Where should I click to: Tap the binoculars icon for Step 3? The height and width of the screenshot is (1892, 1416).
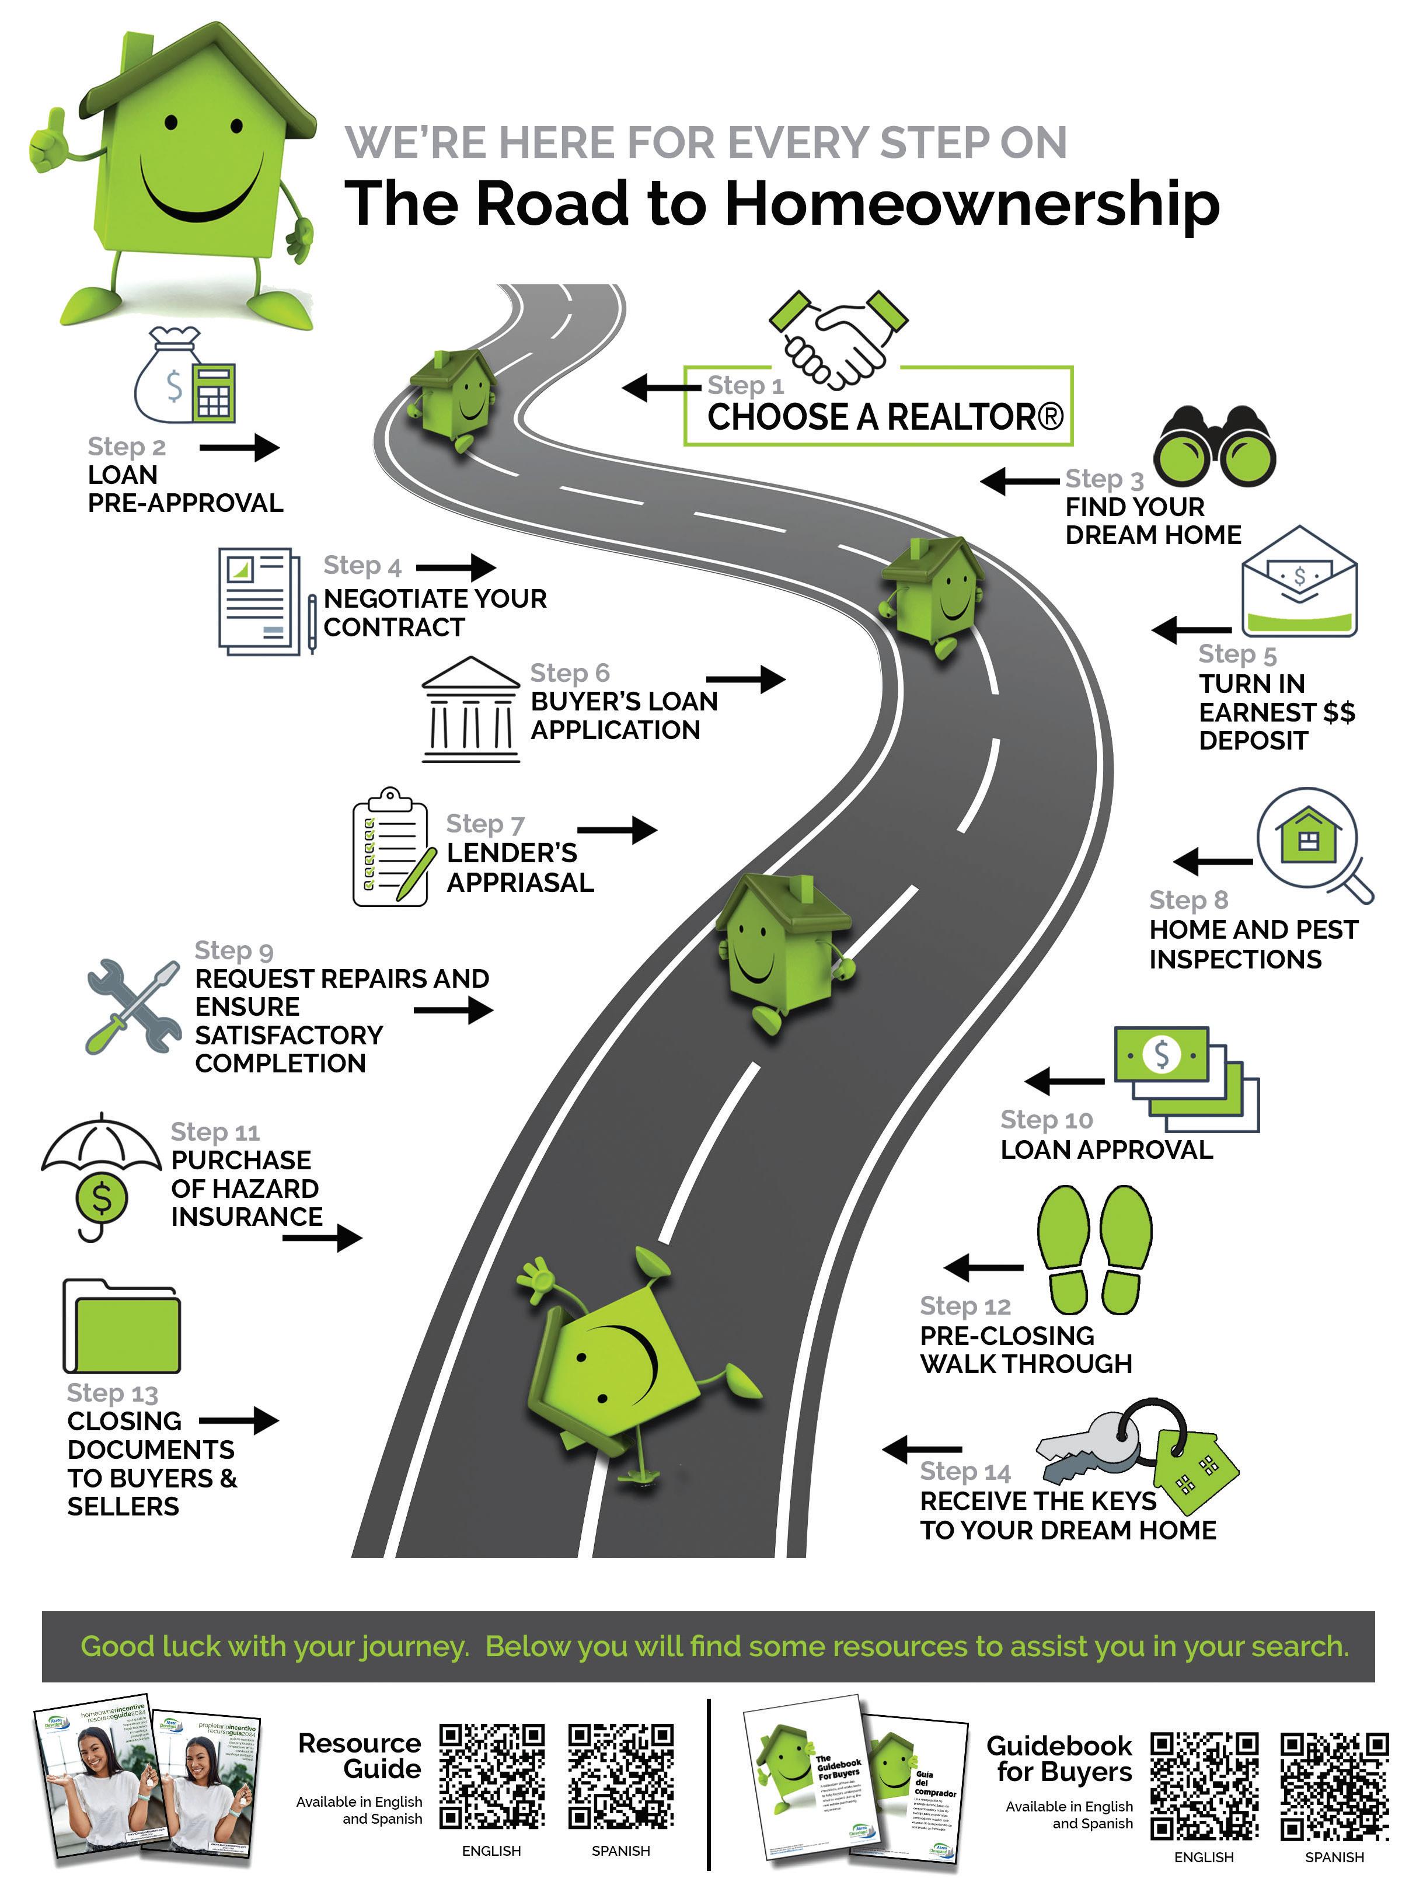(x=1213, y=445)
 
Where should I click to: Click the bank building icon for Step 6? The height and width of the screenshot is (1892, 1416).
(x=470, y=709)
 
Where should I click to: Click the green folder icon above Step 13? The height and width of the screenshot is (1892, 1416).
(x=121, y=1325)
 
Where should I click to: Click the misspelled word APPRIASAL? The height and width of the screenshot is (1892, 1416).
(x=520, y=882)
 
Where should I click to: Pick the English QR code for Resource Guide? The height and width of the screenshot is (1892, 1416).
(x=491, y=1775)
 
